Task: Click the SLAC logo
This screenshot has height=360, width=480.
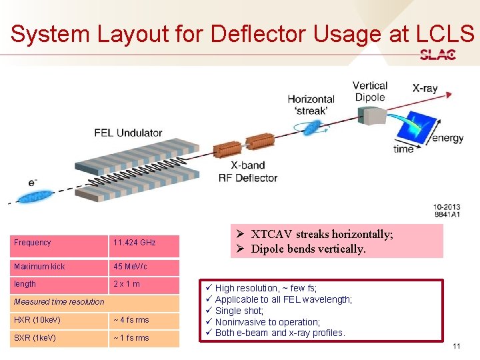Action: tap(437, 55)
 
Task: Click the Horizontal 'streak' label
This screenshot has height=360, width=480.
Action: tap(311, 105)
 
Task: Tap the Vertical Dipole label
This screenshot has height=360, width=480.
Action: tap(369, 91)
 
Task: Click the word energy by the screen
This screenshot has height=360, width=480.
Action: tap(447, 138)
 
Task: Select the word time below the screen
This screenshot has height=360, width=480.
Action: tap(403, 149)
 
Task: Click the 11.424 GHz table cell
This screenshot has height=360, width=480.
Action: tap(135, 243)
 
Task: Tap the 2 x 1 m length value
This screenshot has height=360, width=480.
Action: tap(127, 284)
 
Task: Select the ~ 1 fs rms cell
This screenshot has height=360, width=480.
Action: tap(131, 337)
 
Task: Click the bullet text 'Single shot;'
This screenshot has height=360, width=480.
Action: tap(239, 311)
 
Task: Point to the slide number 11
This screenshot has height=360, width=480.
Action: tap(456, 346)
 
